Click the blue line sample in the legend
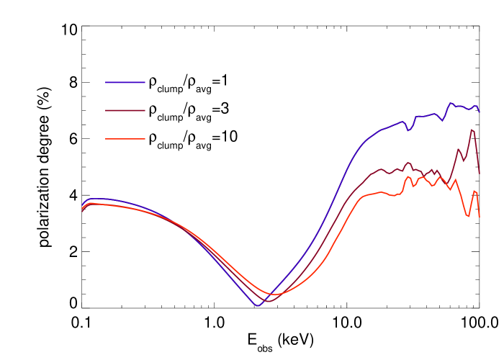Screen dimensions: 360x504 tap(125, 82)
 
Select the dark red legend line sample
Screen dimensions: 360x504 tap(125, 110)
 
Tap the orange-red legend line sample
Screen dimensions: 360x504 tap(125, 138)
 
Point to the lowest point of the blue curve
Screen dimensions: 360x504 tap(257, 305)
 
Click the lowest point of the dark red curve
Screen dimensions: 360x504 tap(267, 300)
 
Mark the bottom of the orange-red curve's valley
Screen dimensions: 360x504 tap(274, 294)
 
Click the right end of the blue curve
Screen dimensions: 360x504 tap(479, 112)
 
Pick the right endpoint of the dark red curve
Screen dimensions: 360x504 tap(479, 173)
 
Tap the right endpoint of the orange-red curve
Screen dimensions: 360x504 tap(479, 216)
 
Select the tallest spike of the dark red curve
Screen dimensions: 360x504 tap(472, 130)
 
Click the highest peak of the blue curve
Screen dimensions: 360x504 tap(451, 103)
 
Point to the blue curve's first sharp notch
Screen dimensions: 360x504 tap(408, 130)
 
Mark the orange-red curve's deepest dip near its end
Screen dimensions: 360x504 tap(468, 216)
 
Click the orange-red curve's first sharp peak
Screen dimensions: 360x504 tap(408, 176)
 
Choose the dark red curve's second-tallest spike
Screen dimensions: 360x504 tap(459, 149)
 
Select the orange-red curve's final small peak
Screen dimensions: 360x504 tap(474, 191)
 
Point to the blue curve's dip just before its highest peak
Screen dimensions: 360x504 tap(443, 120)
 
